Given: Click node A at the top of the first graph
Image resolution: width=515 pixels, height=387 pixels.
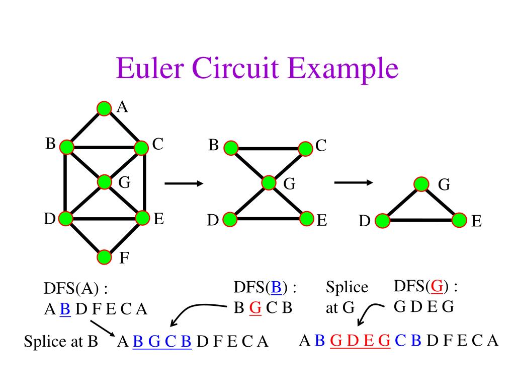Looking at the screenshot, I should click(104, 108).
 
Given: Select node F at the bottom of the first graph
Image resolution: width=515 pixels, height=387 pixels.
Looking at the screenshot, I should click(104, 257).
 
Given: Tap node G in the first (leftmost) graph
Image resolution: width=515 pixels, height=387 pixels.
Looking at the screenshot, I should click(105, 182).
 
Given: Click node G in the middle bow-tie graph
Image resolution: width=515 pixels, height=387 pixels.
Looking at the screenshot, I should click(269, 183).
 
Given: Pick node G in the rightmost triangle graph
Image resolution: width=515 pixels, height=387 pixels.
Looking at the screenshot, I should click(421, 184).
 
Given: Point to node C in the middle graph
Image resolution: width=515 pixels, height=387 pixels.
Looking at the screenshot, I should click(305, 148).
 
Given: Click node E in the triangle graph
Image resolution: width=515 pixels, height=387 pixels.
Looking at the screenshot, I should click(459, 220).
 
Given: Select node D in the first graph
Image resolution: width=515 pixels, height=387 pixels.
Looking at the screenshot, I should click(66, 219).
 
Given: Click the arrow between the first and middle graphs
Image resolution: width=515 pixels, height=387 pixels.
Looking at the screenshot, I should click(183, 184).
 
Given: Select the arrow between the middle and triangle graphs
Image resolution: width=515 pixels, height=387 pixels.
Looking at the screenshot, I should click(353, 182).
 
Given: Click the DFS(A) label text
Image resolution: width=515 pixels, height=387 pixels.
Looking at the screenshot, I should click(75, 289).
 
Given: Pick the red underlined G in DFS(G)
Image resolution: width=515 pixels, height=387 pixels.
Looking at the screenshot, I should click(437, 287).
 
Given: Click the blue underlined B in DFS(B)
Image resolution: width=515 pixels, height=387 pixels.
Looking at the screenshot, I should click(276, 287).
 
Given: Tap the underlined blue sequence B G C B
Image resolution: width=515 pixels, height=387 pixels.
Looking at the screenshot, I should click(162, 342).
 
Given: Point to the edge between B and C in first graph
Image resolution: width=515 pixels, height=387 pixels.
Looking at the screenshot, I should click(104, 147).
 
